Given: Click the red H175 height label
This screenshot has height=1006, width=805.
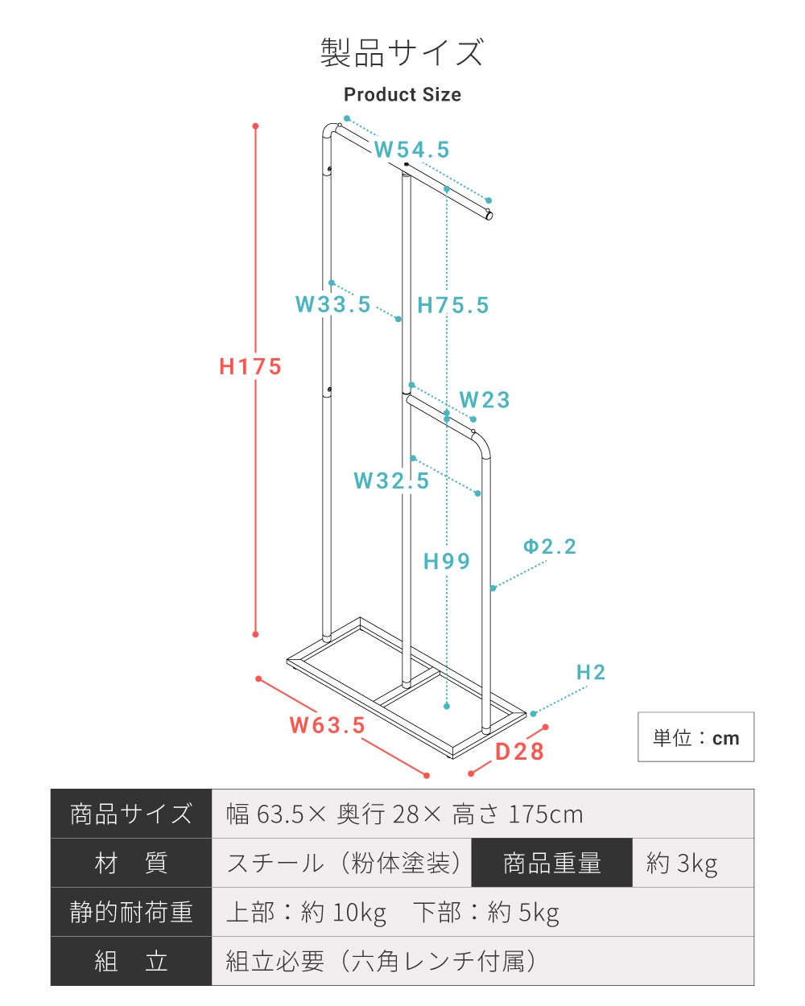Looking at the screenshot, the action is [250, 366].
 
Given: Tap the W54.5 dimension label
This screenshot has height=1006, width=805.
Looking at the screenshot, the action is [411, 150].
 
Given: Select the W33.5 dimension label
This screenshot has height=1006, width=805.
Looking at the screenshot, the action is [333, 304].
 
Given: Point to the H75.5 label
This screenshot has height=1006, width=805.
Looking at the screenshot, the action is [452, 305].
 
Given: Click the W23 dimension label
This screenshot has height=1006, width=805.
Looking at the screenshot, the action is [485, 400].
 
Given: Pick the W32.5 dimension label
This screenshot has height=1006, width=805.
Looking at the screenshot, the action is [391, 480].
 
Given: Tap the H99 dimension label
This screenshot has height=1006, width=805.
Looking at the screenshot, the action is [447, 562].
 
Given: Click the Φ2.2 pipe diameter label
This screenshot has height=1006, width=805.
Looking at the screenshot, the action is [550, 546].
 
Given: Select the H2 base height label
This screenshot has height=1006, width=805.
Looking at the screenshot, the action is [591, 673].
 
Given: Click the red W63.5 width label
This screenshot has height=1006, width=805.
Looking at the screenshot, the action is [327, 725].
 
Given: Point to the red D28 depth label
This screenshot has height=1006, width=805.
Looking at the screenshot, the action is [519, 752].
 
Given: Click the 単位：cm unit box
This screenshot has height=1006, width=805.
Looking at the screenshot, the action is [696, 737].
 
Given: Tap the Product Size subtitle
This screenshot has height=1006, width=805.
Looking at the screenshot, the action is [402, 95].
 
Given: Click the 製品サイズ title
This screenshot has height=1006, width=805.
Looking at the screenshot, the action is [402, 52].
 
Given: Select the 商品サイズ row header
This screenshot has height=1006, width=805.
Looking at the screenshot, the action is [131, 814].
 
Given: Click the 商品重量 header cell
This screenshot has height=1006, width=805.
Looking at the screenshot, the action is [552, 863].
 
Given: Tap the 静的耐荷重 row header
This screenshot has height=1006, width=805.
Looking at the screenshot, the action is [131, 912].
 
